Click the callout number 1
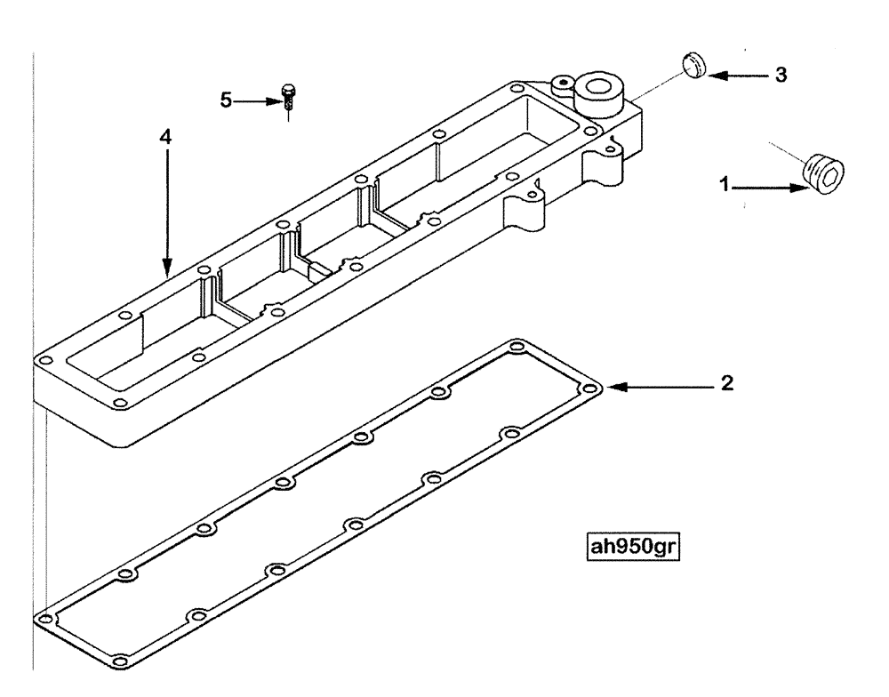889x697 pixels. tap(725, 187)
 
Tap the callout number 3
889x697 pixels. tap(780, 76)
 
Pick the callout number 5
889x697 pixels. tap(226, 101)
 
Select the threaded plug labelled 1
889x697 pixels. tap(822, 173)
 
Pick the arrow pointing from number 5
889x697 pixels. tap(257, 101)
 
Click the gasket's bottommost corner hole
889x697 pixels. tap(120, 659)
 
